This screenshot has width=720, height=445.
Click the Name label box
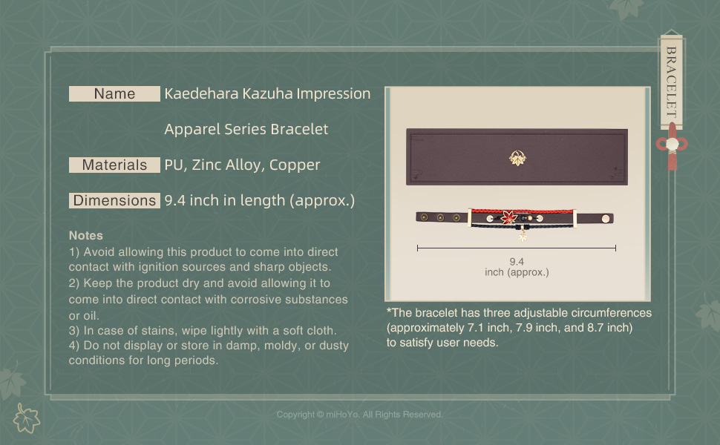tap(114, 93)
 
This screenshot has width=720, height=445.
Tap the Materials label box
tap(114, 165)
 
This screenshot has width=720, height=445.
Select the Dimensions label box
tap(114, 200)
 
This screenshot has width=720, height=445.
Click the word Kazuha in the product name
tap(267, 93)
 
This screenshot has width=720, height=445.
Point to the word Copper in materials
tap(295, 165)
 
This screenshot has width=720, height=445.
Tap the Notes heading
tap(86, 235)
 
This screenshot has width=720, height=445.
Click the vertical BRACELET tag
tap(671, 82)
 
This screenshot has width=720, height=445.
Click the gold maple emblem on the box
tap(517, 158)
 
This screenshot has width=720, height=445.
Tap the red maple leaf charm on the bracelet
tap(509, 217)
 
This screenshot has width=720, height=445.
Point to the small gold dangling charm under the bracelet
tap(523, 237)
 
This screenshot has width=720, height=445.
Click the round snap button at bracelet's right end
tap(606, 218)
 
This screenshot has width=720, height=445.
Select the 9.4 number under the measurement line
tap(517, 262)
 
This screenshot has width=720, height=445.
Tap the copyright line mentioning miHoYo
tap(359, 415)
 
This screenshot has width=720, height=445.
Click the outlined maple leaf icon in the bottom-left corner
tap(26, 418)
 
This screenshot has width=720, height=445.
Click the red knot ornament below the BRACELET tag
tap(672, 146)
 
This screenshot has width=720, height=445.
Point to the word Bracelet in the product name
tap(299, 129)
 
